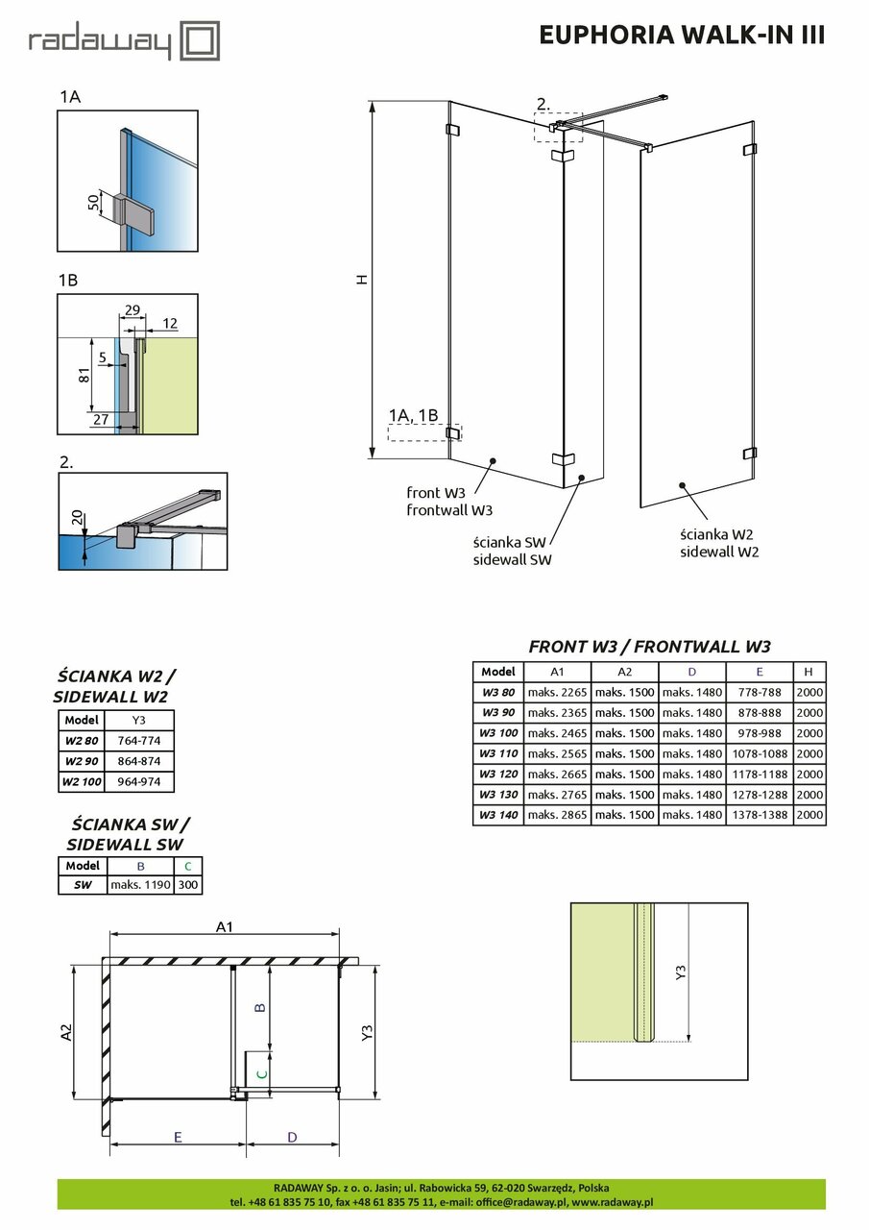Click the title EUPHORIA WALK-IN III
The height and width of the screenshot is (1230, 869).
682,35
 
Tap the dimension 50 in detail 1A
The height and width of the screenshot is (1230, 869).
93,203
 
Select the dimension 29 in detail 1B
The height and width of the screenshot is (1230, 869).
133,310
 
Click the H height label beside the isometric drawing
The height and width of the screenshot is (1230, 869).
361,280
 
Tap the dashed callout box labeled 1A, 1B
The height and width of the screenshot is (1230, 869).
423,432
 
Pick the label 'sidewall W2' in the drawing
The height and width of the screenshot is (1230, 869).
719,552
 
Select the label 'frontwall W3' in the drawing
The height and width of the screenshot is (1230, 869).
448,510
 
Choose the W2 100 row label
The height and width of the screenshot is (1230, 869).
82,781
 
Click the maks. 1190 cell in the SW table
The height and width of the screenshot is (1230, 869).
134,885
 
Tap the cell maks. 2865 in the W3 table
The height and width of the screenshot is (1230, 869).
557,815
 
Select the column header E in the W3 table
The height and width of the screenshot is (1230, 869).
759,672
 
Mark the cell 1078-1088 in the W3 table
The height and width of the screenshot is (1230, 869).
759,753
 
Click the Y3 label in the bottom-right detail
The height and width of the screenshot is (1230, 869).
681,972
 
